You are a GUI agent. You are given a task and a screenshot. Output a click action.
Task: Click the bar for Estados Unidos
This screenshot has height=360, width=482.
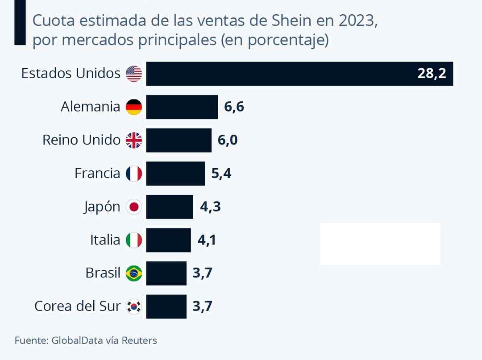click(x=299, y=74)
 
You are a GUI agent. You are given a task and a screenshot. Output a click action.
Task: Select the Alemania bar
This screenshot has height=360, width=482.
click(x=182, y=107)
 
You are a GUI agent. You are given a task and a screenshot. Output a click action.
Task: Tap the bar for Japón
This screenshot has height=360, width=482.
click(x=170, y=207)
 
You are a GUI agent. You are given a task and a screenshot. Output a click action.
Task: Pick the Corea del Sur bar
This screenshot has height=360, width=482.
click(x=166, y=306)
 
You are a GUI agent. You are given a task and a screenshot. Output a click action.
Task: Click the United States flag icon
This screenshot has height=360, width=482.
click(x=134, y=74)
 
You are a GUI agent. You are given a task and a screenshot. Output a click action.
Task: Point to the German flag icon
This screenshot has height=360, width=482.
click(x=134, y=107)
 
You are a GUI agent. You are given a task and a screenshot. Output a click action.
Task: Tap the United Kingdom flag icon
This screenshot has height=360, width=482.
click(x=134, y=140)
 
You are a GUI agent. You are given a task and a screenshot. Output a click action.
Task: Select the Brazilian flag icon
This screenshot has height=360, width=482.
click(x=134, y=273)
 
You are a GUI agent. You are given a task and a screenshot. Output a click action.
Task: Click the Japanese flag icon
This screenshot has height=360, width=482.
click(x=134, y=207)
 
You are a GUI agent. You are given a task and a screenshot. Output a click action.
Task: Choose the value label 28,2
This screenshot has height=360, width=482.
click(x=432, y=74)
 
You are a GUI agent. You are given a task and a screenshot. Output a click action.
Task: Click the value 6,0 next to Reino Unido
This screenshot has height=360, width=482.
click(x=228, y=140)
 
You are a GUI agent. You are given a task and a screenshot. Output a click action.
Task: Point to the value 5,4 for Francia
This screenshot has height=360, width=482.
click(x=221, y=174)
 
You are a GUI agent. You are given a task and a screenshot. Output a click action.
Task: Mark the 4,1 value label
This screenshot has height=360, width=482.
click(x=207, y=240)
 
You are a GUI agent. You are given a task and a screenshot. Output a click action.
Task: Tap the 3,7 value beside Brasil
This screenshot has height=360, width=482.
click(x=202, y=273)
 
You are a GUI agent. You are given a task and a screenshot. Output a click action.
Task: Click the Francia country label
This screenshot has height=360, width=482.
click(x=97, y=173)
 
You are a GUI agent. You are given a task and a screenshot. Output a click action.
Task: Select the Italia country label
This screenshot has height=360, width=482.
click(x=105, y=240)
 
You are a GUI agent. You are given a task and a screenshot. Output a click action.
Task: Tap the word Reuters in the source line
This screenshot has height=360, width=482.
click(x=140, y=340)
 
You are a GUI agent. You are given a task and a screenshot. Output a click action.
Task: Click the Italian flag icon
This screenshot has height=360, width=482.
click(x=134, y=240)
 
